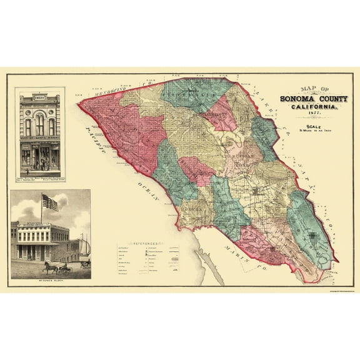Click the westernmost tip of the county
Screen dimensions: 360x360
pos(79,104)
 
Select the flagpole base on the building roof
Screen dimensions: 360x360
pos(42,222)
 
